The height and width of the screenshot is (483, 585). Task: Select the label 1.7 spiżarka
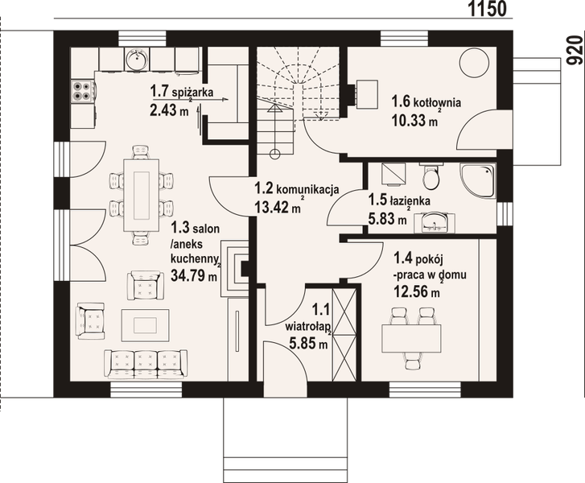(x=181, y=93)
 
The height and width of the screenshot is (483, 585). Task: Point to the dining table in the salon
(x=142, y=193)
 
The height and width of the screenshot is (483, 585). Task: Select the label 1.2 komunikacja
(x=295, y=190)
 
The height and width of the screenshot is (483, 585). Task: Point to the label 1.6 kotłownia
(x=426, y=102)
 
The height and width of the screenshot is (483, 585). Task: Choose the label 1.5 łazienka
(x=400, y=200)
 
